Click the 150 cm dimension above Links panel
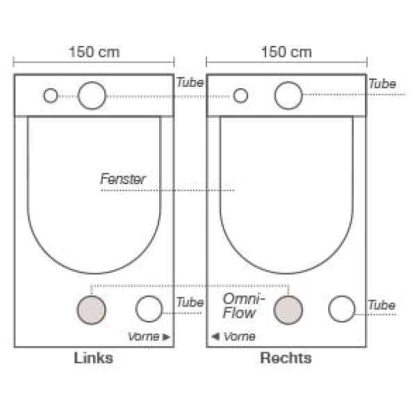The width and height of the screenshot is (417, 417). [x=95, y=52]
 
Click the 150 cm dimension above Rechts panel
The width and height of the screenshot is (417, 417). [x=286, y=52]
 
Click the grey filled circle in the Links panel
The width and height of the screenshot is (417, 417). [x=92, y=310]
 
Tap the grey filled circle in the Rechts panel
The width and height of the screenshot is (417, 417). [x=288, y=310]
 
